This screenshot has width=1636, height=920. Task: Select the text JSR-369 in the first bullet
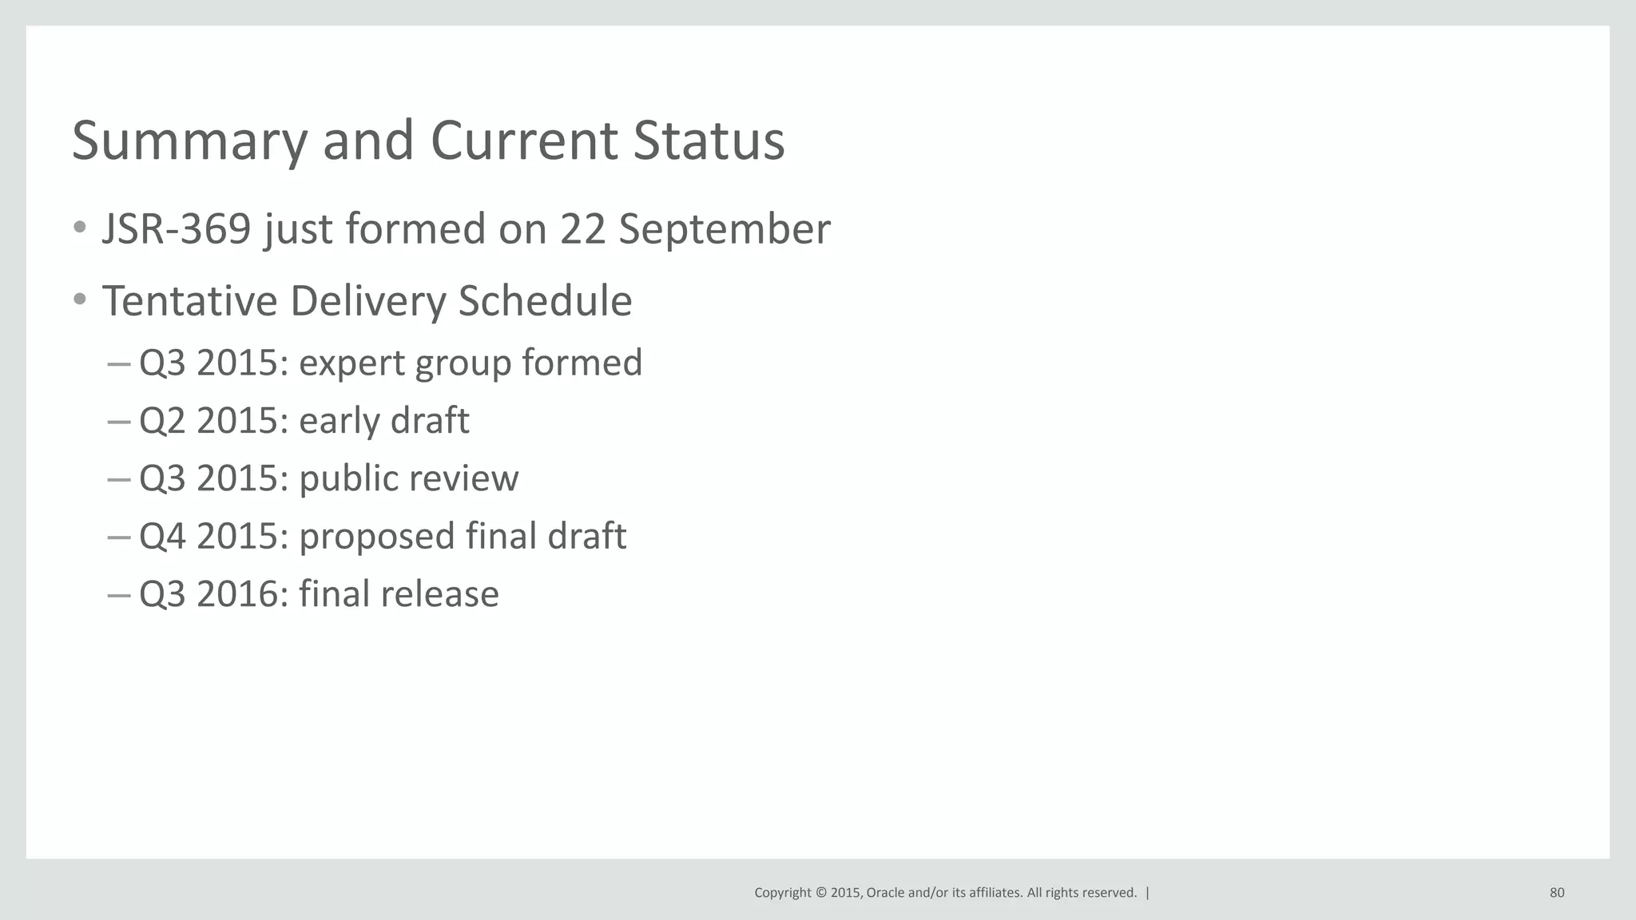pos(177,229)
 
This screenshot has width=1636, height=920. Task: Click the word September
pos(725,229)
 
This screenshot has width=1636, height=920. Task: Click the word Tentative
pos(190,301)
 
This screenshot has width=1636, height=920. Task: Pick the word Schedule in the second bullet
pos(545,301)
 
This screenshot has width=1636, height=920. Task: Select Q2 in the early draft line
pos(162,421)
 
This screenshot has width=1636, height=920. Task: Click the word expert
pos(351,363)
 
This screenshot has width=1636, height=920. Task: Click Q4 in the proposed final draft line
pos(162,537)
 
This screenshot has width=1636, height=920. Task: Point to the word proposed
pos(376,537)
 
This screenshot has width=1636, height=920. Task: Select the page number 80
pos(1557,893)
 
